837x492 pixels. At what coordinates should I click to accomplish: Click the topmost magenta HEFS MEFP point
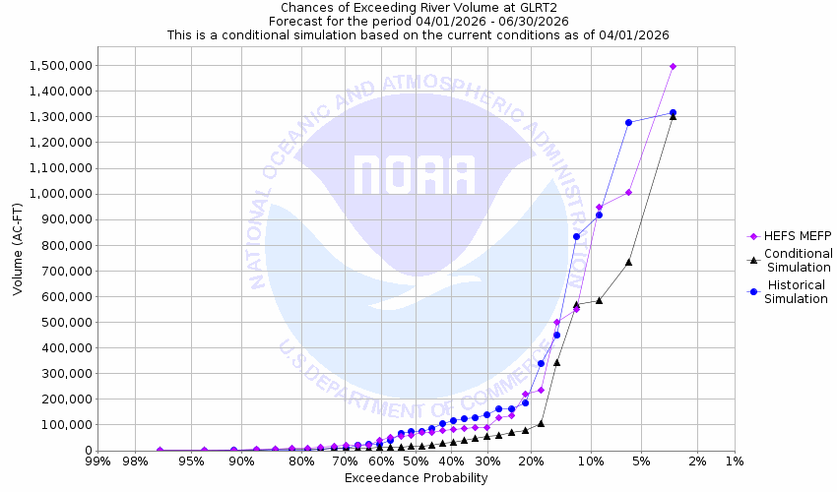pos(673,66)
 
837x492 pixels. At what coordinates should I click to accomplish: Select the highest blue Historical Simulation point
pos(673,112)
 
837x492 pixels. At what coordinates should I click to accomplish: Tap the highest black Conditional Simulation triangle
pos(673,116)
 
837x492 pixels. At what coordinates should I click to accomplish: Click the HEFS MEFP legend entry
pos(791,235)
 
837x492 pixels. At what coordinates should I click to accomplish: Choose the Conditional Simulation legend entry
pos(798,261)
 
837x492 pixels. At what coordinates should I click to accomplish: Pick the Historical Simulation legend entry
pos(798,292)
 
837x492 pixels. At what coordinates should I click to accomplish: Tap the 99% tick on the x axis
pos(97,461)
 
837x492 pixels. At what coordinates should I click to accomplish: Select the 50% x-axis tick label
pos(416,461)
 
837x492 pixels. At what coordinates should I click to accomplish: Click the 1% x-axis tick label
pos(735,461)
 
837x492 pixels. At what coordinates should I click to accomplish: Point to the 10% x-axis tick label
pos(591,461)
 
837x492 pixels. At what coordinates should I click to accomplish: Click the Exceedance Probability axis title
pos(416,478)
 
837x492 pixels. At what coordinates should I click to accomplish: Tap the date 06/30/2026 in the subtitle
pos(532,20)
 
